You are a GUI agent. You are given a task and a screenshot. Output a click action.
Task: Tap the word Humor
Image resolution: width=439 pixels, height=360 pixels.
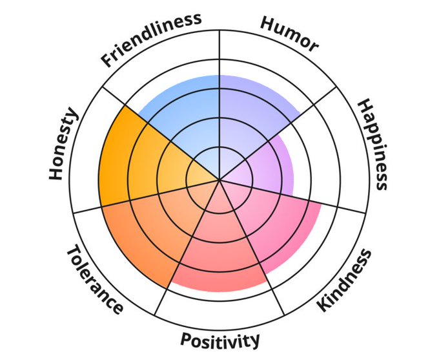pos(289,33)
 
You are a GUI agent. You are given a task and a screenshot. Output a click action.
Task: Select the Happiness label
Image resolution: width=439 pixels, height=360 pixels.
pos(373,143)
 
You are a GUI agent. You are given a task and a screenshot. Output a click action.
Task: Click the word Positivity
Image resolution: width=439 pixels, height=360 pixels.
pos(220,339)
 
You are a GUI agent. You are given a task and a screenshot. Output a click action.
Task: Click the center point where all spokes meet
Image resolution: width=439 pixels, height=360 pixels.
pos(219,180)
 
